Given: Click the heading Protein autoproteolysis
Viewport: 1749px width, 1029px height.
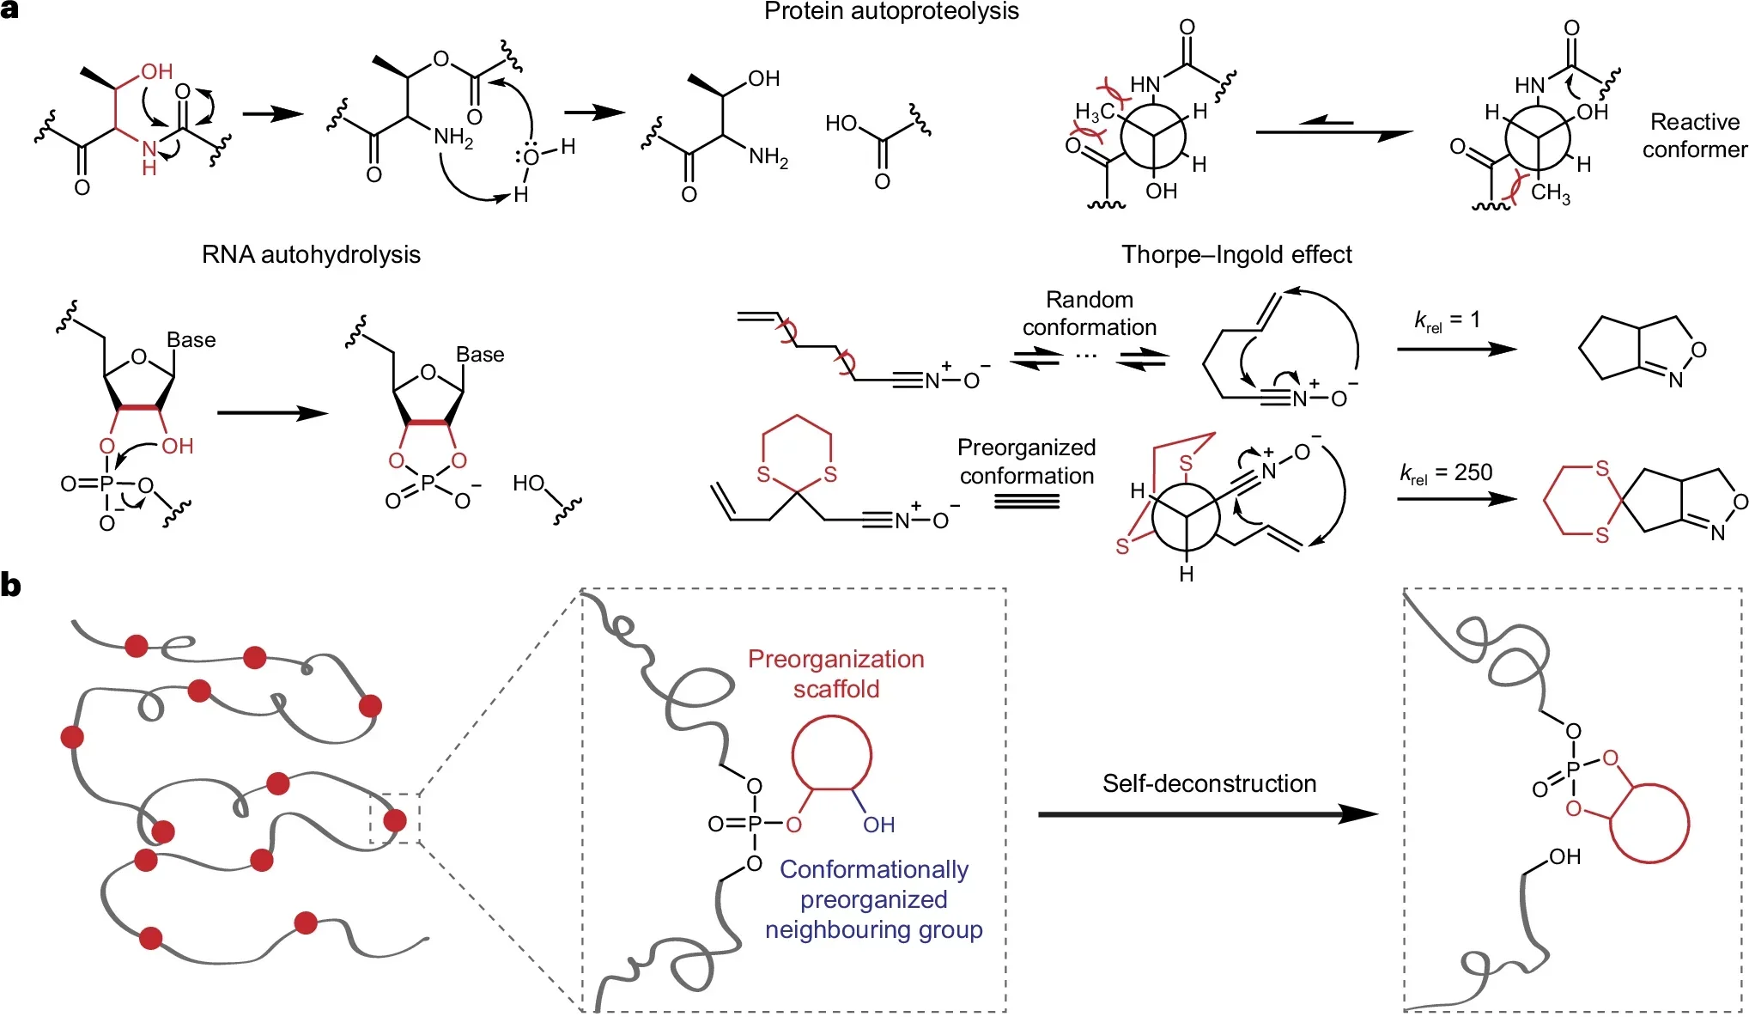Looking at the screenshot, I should click(x=890, y=11).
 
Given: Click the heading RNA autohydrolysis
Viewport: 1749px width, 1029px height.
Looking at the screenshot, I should click(x=311, y=254).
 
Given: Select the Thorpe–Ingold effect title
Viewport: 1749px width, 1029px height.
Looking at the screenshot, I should click(x=1236, y=254).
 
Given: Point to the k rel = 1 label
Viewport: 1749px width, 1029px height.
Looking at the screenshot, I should click(x=1447, y=320).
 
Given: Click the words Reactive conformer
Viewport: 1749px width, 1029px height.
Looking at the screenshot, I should click(x=1693, y=136).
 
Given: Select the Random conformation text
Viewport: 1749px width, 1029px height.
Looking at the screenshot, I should click(x=1089, y=314).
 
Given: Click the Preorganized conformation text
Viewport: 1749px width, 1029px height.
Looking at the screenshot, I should click(x=1026, y=461).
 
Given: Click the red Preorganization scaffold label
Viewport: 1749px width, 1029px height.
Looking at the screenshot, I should click(x=835, y=673).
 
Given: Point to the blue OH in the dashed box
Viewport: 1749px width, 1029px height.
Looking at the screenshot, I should click(x=878, y=825).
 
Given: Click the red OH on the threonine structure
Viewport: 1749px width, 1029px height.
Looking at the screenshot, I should click(x=156, y=71).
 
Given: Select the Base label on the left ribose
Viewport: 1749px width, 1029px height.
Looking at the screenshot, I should click(x=191, y=340).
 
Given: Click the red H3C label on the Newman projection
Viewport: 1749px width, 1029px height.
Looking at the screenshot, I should click(x=1093, y=112).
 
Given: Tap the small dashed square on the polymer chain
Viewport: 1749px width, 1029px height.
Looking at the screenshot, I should click(x=394, y=819).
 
